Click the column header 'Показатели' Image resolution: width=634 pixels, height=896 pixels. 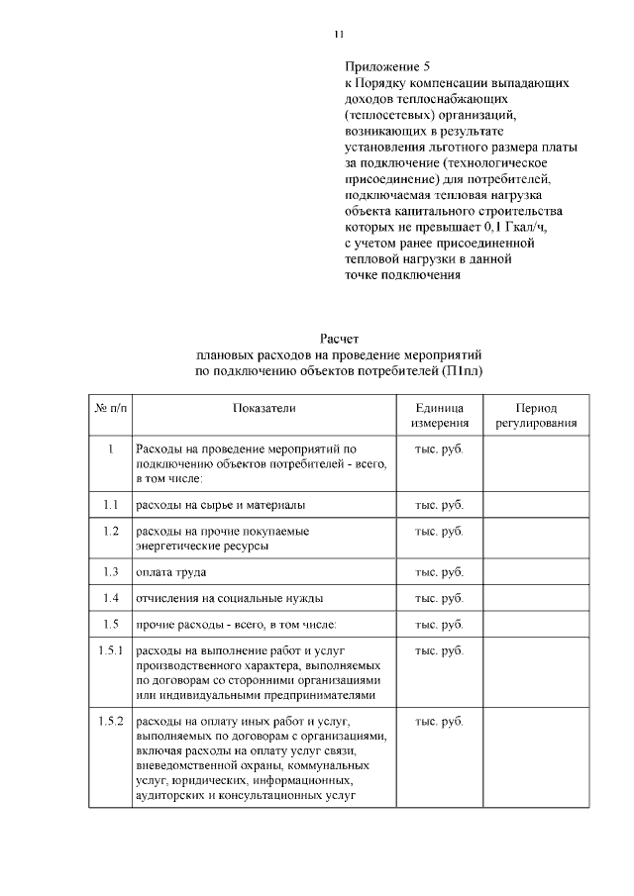(264, 408)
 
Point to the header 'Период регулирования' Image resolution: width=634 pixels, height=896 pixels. (536, 416)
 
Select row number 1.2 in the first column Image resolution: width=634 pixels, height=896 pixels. (110, 531)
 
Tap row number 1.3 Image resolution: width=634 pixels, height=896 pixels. (110, 572)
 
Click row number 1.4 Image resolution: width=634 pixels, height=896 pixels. (110, 598)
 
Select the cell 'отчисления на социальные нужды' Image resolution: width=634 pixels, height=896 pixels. (229, 598)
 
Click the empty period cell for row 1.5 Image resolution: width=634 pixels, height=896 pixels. (536, 625)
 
